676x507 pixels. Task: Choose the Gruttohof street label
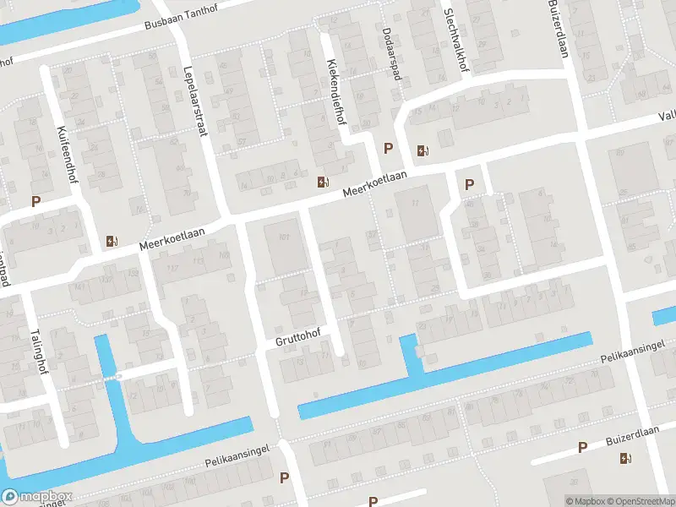point(298,338)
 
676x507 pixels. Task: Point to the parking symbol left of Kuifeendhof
point(35,201)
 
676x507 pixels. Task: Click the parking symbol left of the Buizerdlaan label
point(582,447)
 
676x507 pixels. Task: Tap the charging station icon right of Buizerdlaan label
point(625,458)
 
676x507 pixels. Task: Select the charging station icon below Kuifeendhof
point(112,241)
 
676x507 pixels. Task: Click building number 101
point(284,237)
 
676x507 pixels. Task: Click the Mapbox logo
point(36,497)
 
